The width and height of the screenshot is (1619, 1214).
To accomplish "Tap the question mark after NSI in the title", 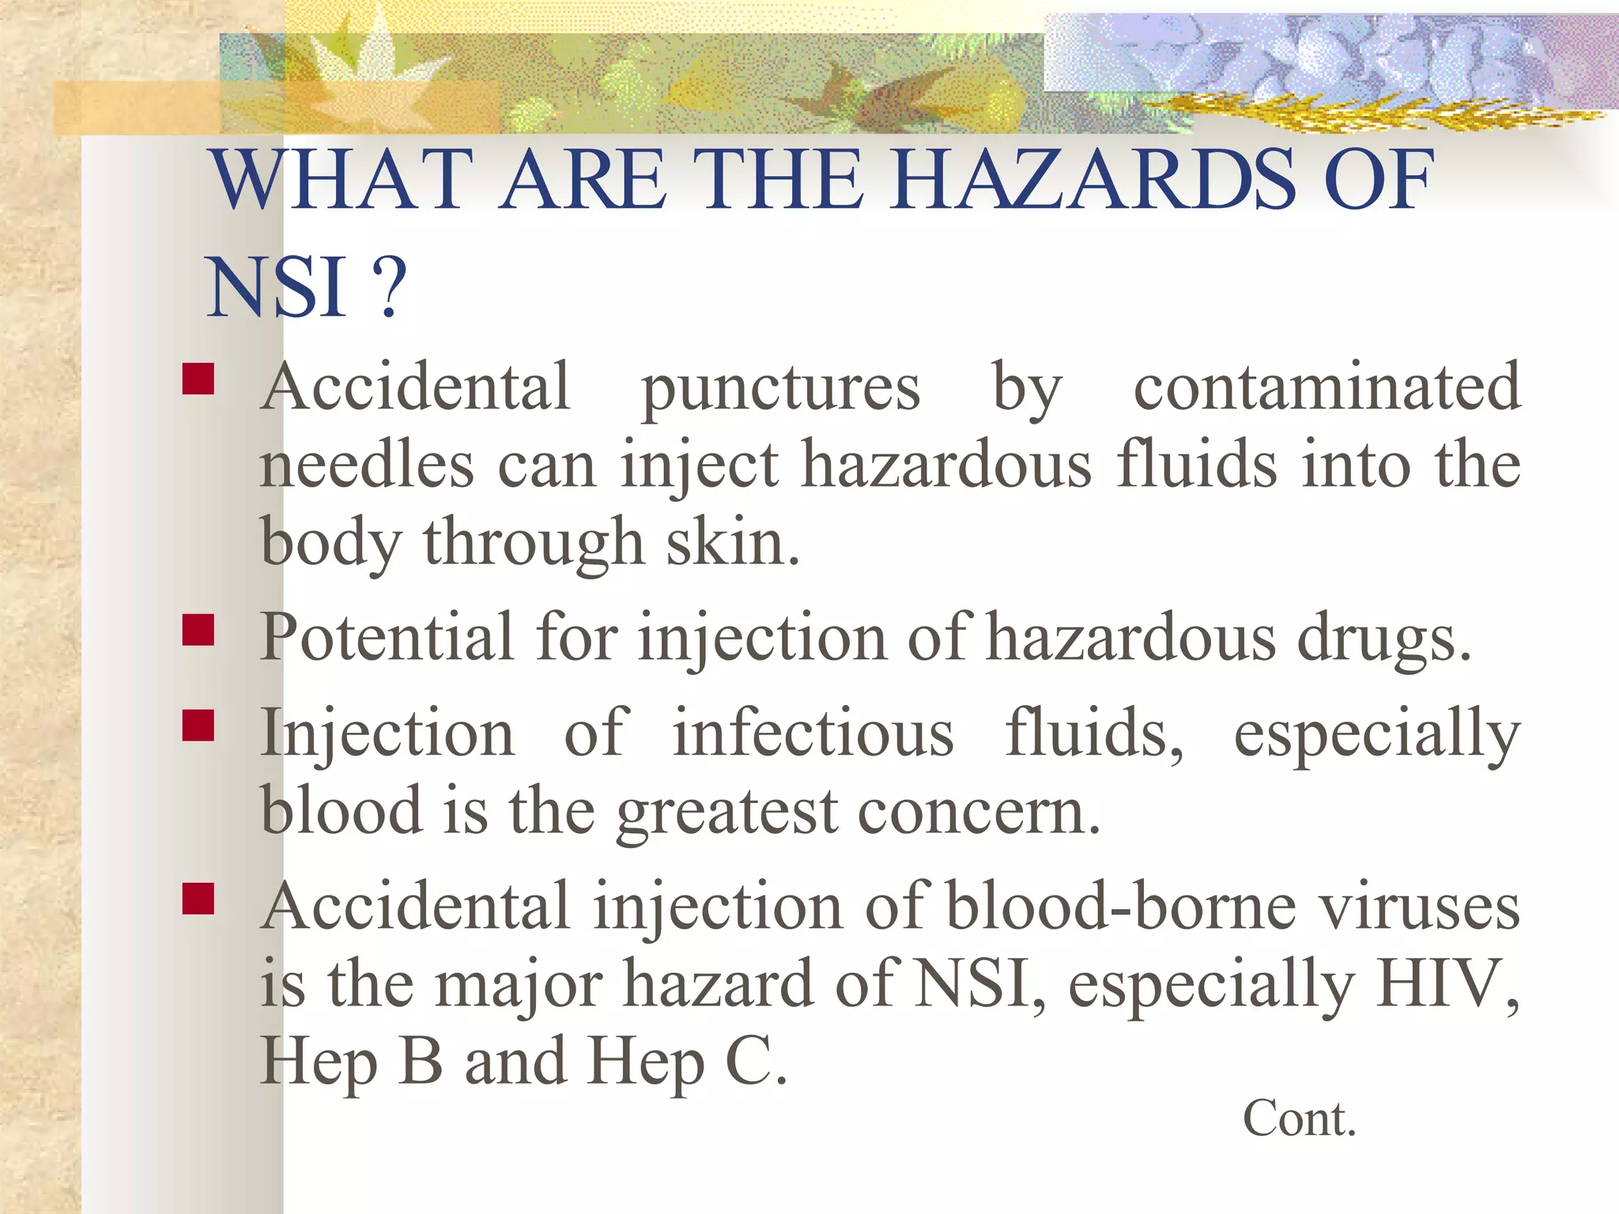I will pyautogui.click(x=388, y=288).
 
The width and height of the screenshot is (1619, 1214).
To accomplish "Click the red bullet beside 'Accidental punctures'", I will pyautogui.click(x=198, y=379).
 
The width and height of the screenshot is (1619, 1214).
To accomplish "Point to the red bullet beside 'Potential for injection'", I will pyautogui.click(x=198, y=631).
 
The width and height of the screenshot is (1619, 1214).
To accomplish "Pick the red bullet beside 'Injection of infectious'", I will pyautogui.click(x=198, y=725).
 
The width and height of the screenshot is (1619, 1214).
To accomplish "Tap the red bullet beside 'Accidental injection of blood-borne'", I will pyautogui.click(x=198, y=898).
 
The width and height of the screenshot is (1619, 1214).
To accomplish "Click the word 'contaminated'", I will pyautogui.click(x=1327, y=387).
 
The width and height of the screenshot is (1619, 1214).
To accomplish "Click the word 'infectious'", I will pyautogui.click(x=813, y=733).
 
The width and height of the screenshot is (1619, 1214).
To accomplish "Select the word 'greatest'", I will pyautogui.click(x=727, y=813).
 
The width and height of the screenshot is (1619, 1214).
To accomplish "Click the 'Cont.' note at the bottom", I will pyautogui.click(x=1299, y=1119).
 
